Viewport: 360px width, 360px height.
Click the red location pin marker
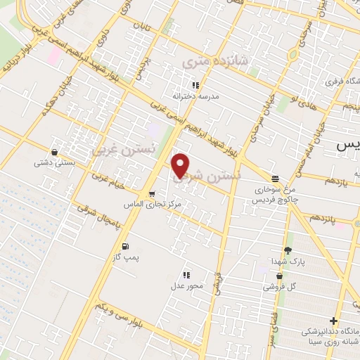click(181, 165)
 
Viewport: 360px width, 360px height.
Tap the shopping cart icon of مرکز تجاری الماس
click(151, 193)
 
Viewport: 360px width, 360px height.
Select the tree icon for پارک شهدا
click(287, 251)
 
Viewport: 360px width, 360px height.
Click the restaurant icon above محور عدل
click(186, 275)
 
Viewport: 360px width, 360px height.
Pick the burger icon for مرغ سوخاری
click(274, 179)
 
